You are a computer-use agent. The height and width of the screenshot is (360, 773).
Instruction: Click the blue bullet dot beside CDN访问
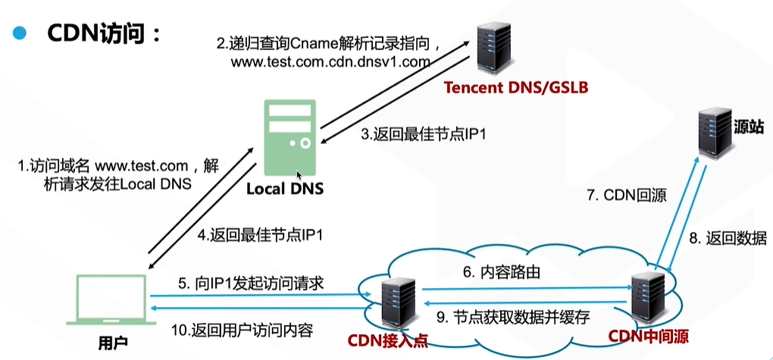click(x=20, y=34)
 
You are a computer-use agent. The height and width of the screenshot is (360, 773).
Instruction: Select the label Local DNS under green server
click(x=284, y=188)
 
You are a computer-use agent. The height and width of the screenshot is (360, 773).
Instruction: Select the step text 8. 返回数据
click(x=728, y=239)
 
